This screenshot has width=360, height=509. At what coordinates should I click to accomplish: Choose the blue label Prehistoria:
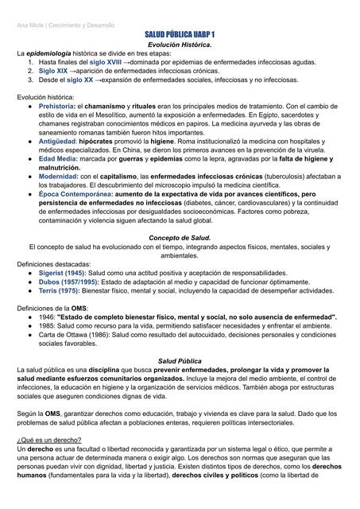coord(57,106)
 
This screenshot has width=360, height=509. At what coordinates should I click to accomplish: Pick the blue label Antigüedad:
coord(58,141)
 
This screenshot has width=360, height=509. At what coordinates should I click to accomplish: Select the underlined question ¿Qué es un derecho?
coord(50,440)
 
